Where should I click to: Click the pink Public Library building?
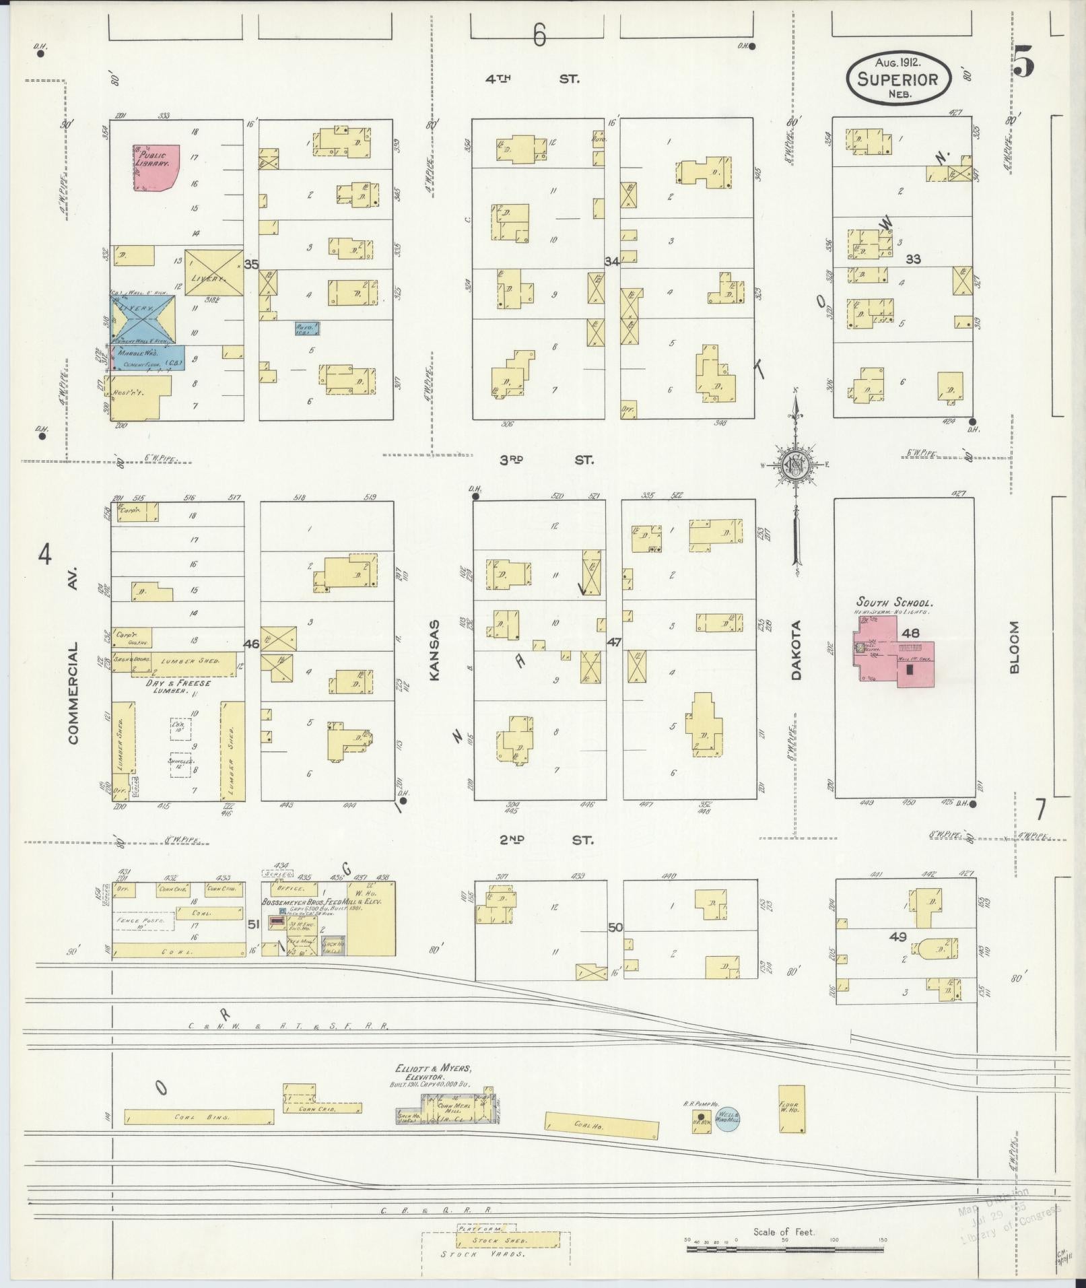[156, 166]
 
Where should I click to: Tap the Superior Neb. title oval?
[898, 79]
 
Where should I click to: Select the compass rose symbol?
[794, 465]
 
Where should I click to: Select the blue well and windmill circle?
[727, 1119]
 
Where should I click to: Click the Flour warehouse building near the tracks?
[791, 1108]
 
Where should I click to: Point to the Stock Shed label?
[508, 1240]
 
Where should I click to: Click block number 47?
[613, 642]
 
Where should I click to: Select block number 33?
[913, 259]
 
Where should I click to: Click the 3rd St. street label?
[546, 461]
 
